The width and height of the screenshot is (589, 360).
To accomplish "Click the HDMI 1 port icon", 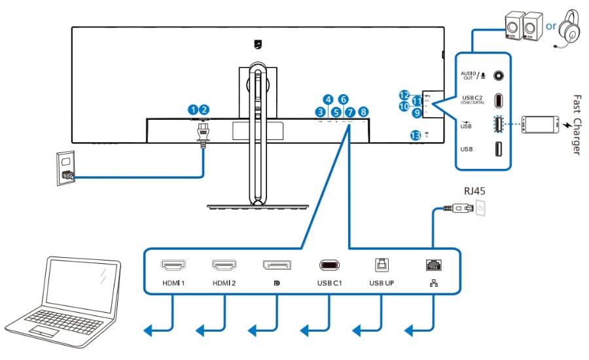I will pos(173,265).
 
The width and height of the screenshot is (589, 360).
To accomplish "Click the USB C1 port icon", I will pos(329,265).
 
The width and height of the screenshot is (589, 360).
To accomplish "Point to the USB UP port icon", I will pos(380,264).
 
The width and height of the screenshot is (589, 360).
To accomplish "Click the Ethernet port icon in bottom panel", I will pos(433,265).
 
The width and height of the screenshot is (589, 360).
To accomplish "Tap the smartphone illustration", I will pos(541,124).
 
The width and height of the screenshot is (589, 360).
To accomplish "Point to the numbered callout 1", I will pos(193,110).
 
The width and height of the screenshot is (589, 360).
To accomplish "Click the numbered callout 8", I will pos(363,112).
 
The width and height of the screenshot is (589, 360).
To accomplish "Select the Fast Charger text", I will pos(576,124).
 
